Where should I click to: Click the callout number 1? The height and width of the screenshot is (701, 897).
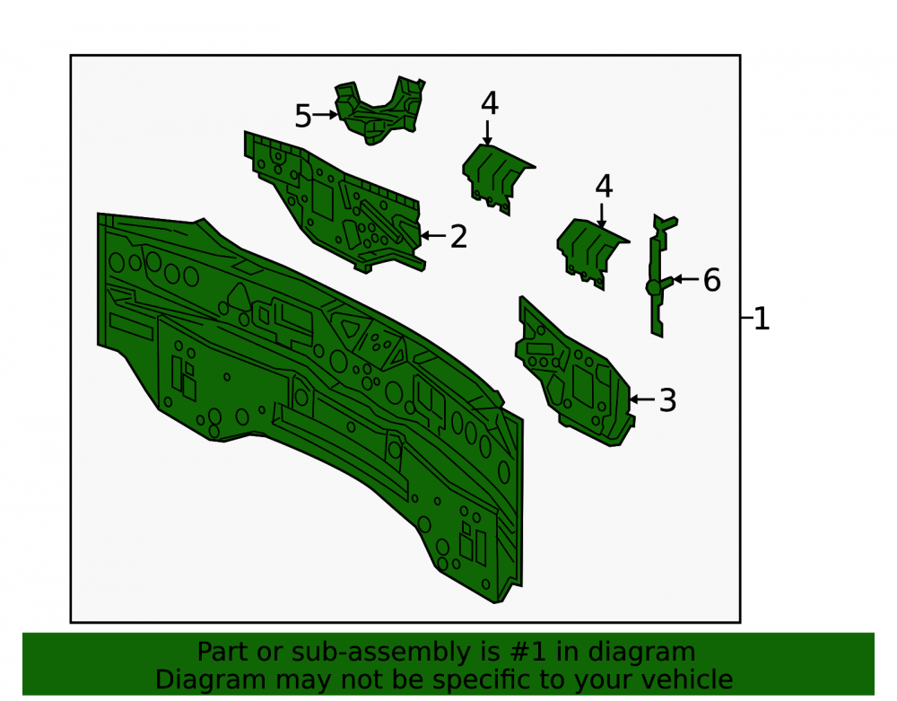762,318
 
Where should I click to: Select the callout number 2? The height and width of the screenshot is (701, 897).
458,236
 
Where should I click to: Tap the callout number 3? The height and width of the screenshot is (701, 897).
667,400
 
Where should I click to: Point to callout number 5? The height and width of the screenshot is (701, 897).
302,116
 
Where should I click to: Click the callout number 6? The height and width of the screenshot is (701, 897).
711,280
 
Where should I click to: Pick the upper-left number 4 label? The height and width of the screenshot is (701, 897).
490,103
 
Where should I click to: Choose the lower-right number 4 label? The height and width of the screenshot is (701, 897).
604,187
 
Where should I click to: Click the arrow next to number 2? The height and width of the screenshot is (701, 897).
433,235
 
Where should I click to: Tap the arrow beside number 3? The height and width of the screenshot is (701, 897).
642,399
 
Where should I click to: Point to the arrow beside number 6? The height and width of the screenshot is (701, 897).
686,279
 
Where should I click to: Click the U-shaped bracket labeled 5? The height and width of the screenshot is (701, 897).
379,110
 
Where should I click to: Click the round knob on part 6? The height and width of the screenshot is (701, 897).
653,287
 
